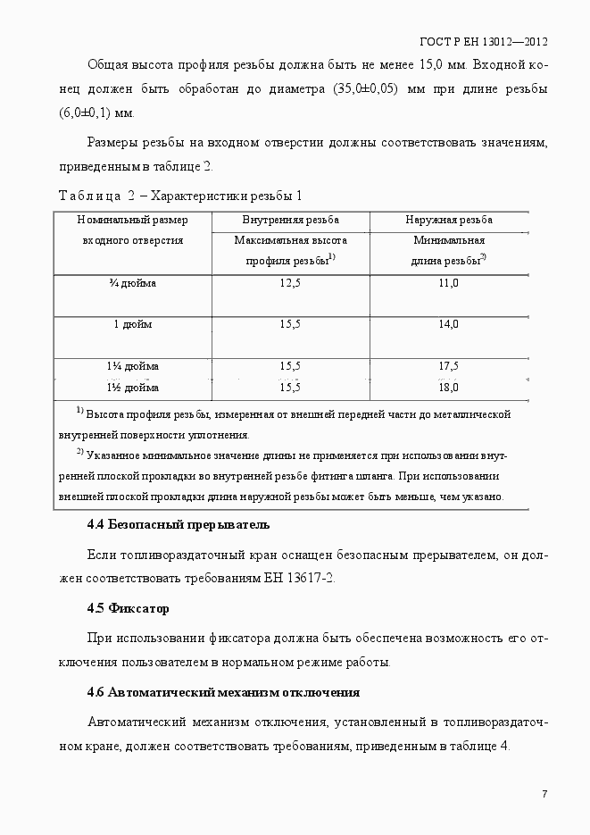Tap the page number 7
(544, 794)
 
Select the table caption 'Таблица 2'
(96, 196)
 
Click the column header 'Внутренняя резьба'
(290, 220)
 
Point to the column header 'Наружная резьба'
(449, 220)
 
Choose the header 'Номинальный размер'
(133, 220)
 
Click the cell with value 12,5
(290, 283)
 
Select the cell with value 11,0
(449, 283)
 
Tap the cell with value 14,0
(449, 324)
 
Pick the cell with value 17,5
(449, 366)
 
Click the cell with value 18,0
(449, 388)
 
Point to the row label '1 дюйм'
(133, 324)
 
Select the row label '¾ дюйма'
(133, 283)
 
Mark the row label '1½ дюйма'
(133, 388)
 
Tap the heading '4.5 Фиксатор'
(128, 609)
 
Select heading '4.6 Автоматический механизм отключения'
(223, 692)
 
